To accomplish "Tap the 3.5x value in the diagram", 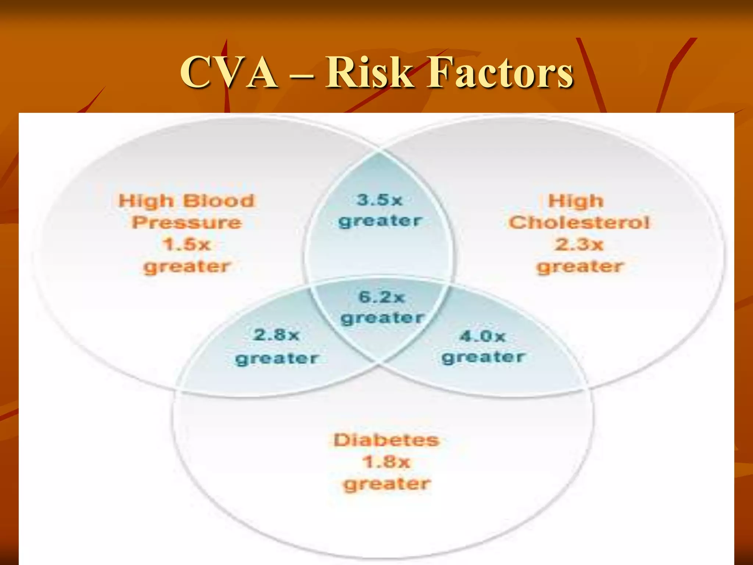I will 380,200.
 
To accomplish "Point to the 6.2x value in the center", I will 382,297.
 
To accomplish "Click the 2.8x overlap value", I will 276,335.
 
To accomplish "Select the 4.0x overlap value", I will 483,336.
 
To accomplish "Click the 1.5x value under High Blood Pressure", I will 186,245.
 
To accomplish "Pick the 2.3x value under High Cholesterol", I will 579,245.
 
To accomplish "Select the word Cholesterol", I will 579,223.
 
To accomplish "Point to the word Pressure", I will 187,223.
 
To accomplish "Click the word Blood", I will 218,201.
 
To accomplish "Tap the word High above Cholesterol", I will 576,201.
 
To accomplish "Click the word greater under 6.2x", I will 382,318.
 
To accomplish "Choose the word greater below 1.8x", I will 387,484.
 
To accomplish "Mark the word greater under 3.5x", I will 380,221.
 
